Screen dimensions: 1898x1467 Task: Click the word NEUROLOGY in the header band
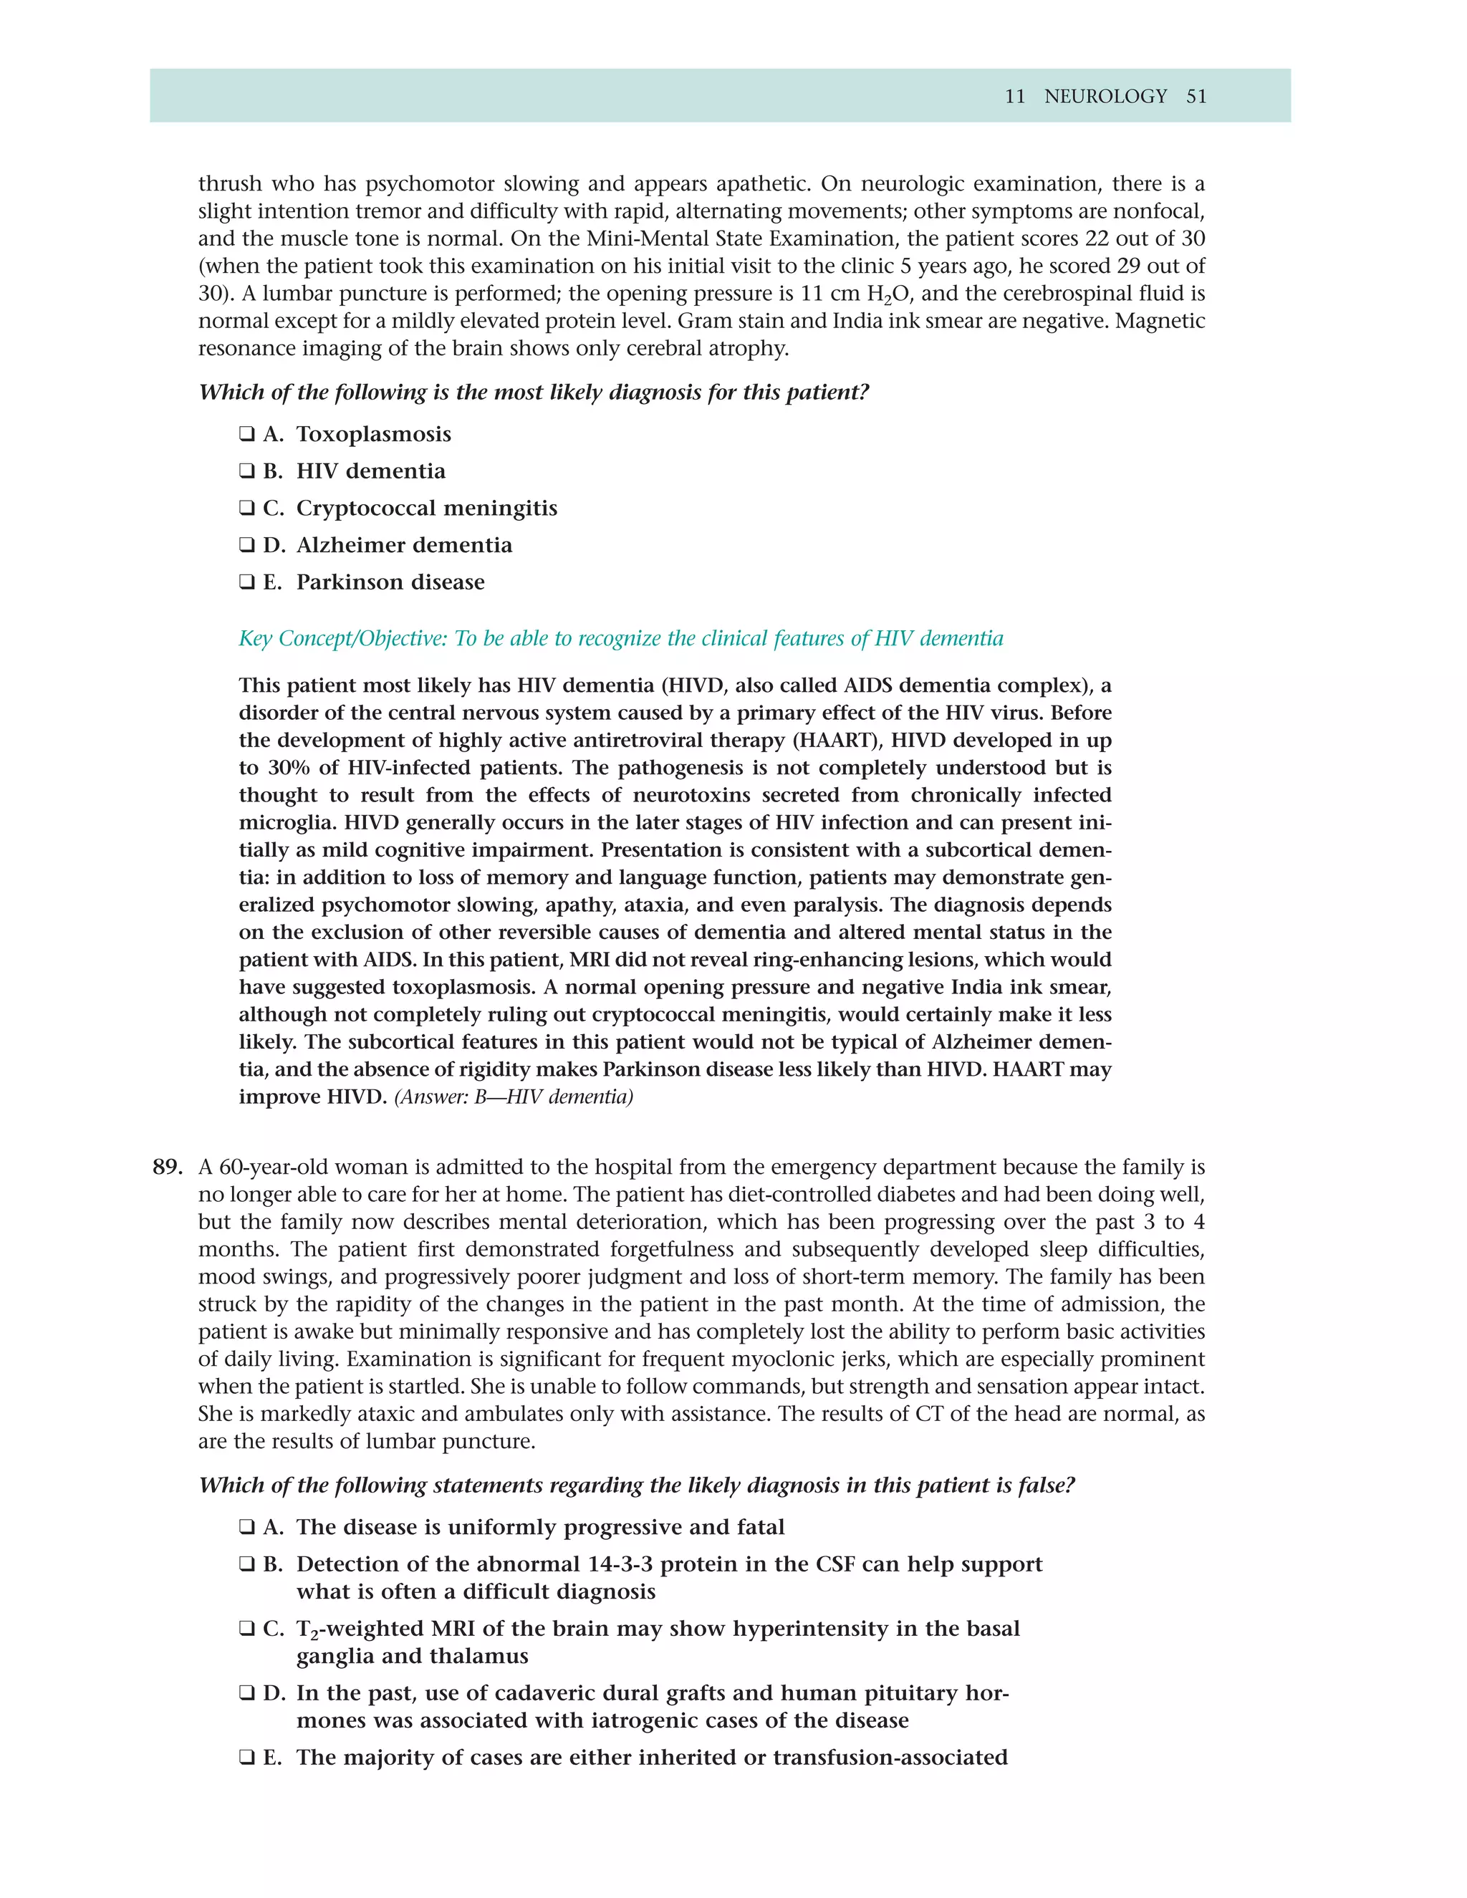click(x=1105, y=97)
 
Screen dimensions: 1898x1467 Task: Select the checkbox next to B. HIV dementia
click(x=247, y=471)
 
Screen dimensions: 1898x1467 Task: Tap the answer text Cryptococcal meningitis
click(x=426, y=509)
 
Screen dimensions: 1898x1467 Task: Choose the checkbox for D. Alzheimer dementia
click(x=247, y=545)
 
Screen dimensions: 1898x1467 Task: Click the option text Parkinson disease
click(x=390, y=582)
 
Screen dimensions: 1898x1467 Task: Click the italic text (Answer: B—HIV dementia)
click(x=514, y=1097)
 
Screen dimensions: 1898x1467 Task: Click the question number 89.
click(x=167, y=1167)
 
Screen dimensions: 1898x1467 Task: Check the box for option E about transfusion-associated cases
click(x=247, y=1757)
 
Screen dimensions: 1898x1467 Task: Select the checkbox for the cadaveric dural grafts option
click(x=247, y=1693)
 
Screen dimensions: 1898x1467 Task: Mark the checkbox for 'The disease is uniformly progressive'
click(x=247, y=1527)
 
